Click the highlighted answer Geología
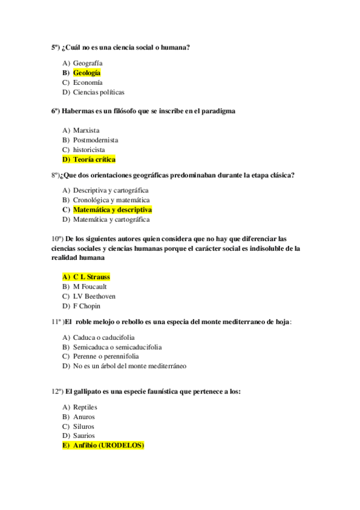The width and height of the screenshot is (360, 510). coord(87,73)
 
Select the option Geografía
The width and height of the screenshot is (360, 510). coord(88,63)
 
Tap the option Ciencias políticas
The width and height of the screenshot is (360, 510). coord(99,92)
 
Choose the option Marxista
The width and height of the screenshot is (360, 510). coord(86,130)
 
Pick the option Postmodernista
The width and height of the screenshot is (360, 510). coord(96,140)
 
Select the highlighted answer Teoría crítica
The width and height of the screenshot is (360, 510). coord(94,159)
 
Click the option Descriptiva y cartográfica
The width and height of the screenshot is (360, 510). coord(111,190)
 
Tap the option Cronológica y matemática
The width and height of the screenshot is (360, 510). coord(111,200)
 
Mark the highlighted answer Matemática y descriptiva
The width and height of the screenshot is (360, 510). coord(112,210)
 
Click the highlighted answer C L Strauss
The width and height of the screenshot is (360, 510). coord(91,277)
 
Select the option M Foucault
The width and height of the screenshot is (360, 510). coord(90,287)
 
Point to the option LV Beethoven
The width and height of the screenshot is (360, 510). coord(94,296)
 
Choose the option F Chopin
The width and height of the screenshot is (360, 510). coord(87,306)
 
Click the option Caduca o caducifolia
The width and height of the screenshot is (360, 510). coord(103,337)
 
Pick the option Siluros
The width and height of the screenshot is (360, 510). coord(84,426)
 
